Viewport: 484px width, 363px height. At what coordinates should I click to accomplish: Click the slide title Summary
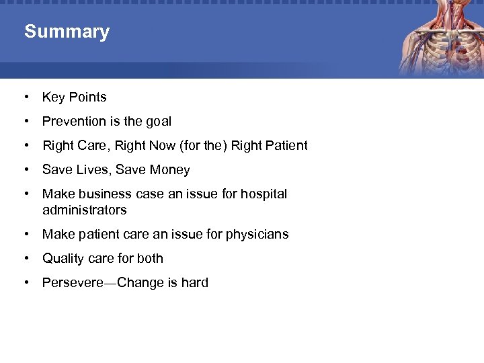67,32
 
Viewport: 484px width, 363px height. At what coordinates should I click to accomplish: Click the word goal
157,122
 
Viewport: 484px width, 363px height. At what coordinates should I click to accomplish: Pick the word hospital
264,194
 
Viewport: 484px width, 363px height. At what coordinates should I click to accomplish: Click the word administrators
84,210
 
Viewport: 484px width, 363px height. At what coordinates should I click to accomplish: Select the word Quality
64,259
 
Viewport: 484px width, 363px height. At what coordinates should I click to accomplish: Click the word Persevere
71,283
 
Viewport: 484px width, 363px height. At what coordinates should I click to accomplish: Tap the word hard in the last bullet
194,283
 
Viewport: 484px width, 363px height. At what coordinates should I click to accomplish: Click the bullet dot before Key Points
26,97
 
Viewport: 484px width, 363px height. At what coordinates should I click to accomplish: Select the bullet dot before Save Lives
26,170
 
